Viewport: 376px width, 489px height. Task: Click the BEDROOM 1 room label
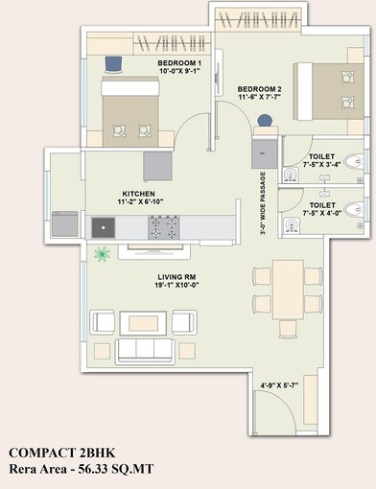tap(179, 67)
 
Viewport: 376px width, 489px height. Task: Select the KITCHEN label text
tap(139, 197)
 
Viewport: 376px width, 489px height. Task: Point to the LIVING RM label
tap(177, 279)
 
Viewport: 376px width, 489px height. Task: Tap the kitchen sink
tap(103, 227)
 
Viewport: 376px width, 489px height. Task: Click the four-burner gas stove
tap(162, 227)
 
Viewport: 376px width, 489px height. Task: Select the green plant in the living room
tap(102, 253)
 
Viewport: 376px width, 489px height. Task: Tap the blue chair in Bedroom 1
tap(113, 63)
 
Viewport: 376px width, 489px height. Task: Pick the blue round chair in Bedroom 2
tap(265, 121)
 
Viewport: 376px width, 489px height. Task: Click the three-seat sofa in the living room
tap(146, 349)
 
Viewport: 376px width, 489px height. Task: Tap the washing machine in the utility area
tap(66, 223)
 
